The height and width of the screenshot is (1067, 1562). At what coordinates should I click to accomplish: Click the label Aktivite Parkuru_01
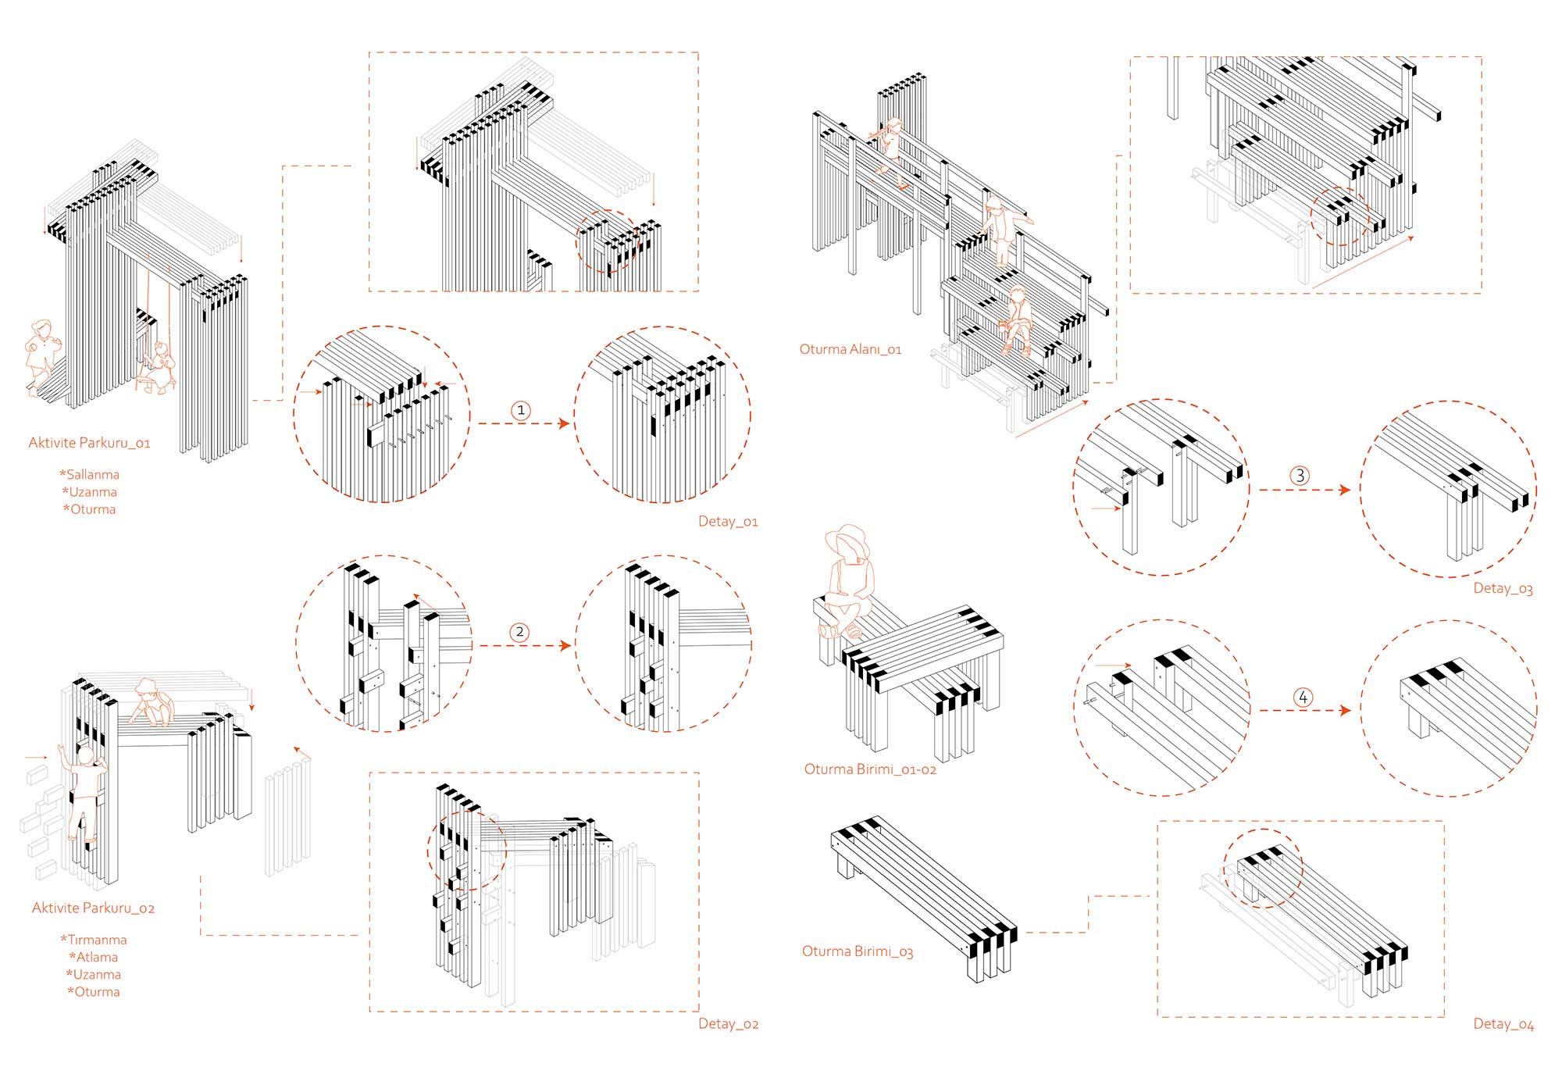pos(89,443)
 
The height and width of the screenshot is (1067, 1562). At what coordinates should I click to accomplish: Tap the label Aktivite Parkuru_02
pos(93,908)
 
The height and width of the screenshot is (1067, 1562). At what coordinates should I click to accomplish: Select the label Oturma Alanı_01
pos(850,349)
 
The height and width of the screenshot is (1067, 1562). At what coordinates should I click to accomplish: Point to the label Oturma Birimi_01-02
pos(870,769)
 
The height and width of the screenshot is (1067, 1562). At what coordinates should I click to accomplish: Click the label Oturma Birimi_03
pos(857,951)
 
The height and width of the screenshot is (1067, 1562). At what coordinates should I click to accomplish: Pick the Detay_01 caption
pos(728,521)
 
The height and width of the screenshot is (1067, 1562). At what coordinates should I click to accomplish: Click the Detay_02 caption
pos(728,1023)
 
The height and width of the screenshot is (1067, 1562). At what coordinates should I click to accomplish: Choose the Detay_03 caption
pos(1503,588)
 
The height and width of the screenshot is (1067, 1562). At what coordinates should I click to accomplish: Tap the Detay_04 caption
pos(1503,1024)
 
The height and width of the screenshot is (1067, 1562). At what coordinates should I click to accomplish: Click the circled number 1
pos(521,410)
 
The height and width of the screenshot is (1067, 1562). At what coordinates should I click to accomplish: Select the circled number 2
pos(520,632)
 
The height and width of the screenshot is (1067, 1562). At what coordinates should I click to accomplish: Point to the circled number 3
pos(1299,476)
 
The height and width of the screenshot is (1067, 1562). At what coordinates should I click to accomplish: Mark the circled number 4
pos(1303,697)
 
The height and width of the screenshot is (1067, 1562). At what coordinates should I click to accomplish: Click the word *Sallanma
pos(89,474)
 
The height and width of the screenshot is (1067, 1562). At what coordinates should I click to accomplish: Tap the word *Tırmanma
pos(93,940)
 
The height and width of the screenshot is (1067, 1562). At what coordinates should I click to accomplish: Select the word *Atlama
pos(93,957)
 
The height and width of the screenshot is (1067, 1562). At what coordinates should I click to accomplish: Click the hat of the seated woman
pos(847,540)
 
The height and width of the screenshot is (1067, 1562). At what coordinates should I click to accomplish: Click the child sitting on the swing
pos(159,367)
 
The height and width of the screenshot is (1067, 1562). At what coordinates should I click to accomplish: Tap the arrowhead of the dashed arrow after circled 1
pos(565,423)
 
